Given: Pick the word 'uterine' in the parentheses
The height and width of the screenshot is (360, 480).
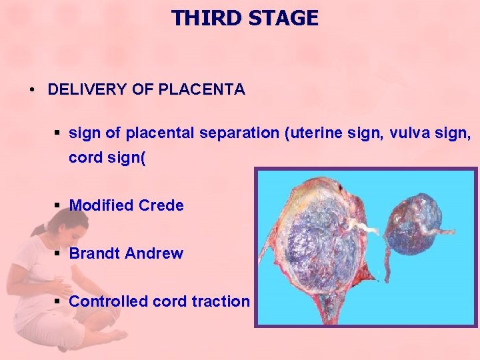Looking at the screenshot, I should click(x=313, y=133).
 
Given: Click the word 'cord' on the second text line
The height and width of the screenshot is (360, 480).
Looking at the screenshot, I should click(x=83, y=157).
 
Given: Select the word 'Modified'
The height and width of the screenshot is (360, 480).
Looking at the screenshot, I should click(x=101, y=205).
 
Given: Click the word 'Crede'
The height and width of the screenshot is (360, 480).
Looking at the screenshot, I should click(x=161, y=205).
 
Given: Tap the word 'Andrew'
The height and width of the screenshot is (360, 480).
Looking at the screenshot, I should click(x=153, y=253).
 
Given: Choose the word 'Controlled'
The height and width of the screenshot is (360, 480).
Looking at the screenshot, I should click(x=109, y=301).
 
